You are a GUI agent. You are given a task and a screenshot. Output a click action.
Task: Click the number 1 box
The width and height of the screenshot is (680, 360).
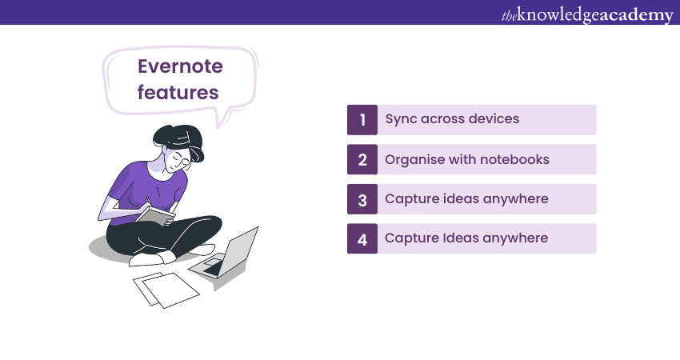(x=362, y=120)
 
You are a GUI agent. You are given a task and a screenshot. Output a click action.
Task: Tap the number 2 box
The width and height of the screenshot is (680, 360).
(x=362, y=160)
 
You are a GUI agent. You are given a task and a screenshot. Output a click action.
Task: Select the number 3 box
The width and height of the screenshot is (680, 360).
(x=362, y=199)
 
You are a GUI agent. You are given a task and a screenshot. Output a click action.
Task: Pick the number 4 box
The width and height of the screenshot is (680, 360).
(x=362, y=238)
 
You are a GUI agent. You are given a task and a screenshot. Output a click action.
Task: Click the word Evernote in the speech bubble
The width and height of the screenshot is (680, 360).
(x=181, y=66)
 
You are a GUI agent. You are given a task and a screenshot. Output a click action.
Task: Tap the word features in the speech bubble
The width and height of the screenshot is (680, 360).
(x=178, y=92)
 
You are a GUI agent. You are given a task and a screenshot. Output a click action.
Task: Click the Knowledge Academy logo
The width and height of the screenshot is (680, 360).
(x=587, y=14)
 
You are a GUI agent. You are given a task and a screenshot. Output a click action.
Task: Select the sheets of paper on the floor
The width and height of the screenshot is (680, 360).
(x=166, y=290)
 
